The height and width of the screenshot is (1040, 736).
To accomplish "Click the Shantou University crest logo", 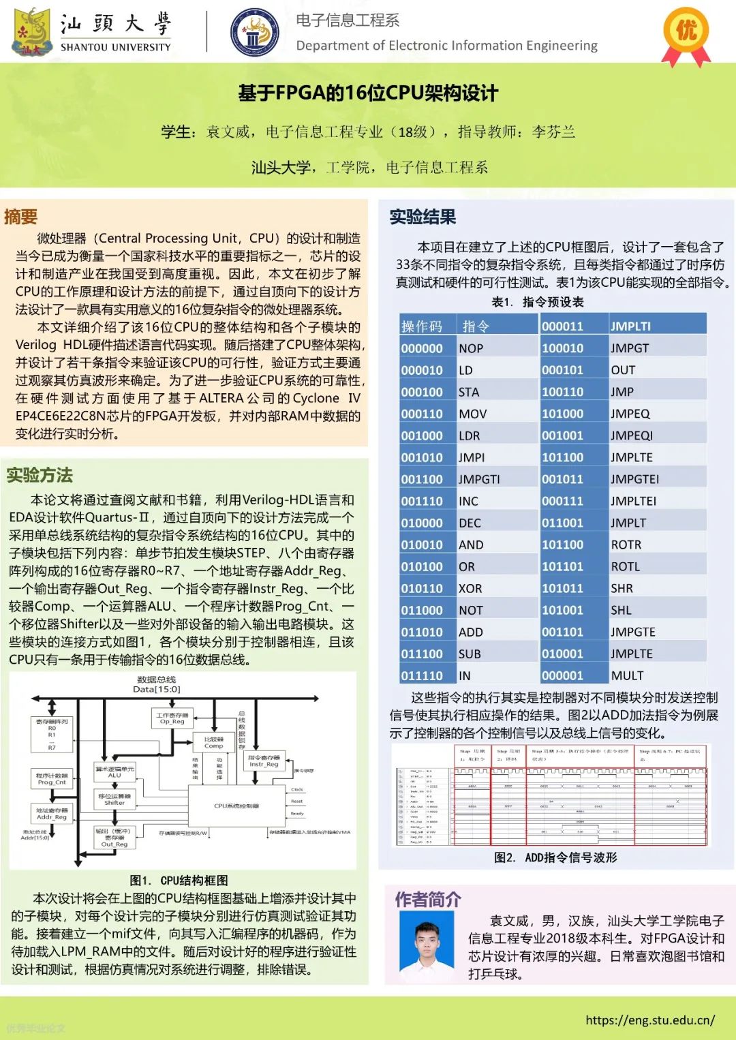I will tap(32, 32).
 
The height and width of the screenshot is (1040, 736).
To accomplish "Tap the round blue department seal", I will tap(254, 32).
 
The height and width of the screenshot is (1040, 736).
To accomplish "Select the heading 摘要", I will tap(21, 217).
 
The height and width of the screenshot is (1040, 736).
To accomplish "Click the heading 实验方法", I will tap(40, 475).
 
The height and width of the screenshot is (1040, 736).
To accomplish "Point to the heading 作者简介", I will tap(428, 900).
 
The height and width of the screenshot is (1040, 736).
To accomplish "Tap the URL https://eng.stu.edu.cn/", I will tap(650, 1020).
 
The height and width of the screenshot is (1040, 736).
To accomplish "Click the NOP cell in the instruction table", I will tap(471, 348).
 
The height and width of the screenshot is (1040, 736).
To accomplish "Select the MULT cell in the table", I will tap(627, 675).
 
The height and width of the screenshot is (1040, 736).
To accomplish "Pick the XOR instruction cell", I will tap(470, 588).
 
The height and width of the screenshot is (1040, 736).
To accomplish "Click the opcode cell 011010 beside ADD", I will tap(422, 632).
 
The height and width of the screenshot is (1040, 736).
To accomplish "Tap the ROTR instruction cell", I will tap(626, 545).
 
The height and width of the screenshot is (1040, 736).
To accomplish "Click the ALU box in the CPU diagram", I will tap(114, 771).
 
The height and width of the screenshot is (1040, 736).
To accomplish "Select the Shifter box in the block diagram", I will tap(114, 799).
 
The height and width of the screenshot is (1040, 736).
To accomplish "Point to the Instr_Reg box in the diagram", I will tap(264, 761).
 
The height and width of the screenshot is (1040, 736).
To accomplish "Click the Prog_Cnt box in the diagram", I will tap(52, 779).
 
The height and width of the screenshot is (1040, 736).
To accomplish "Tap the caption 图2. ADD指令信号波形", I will tap(555, 857).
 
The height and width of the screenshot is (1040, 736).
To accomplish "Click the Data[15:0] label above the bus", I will tap(157, 689).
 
